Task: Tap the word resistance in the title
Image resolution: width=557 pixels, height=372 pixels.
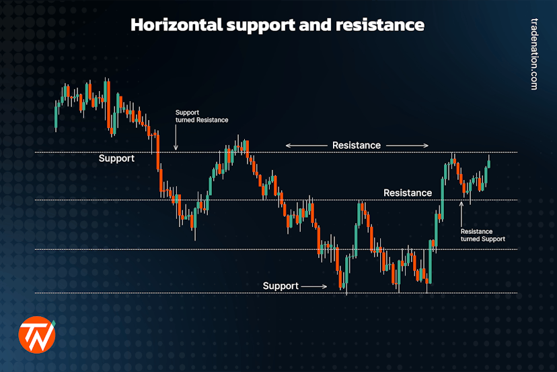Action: coord(385,25)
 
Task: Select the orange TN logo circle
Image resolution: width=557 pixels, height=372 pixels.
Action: coord(36,334)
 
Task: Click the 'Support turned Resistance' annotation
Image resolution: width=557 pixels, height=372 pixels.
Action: coord(201,116)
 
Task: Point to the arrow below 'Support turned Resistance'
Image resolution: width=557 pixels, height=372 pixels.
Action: coord(176,139)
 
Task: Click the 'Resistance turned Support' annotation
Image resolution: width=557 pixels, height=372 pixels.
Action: coord(482,235)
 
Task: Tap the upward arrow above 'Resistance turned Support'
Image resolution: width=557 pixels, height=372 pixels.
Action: coord(461,212)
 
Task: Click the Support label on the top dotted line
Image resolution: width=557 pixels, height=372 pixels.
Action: coord(116,158)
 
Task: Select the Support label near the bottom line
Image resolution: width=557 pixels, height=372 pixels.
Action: coord(281,286)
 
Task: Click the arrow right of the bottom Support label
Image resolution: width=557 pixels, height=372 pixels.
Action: coord(314,286)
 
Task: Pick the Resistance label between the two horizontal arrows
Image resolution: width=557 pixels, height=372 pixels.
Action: coord(357,145)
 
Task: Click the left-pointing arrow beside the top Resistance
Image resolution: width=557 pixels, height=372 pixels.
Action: coord(305,145)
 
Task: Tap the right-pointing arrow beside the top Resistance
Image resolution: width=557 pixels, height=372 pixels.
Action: coord(408,145)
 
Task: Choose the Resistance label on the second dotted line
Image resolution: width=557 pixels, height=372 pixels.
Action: coord(408,193)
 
